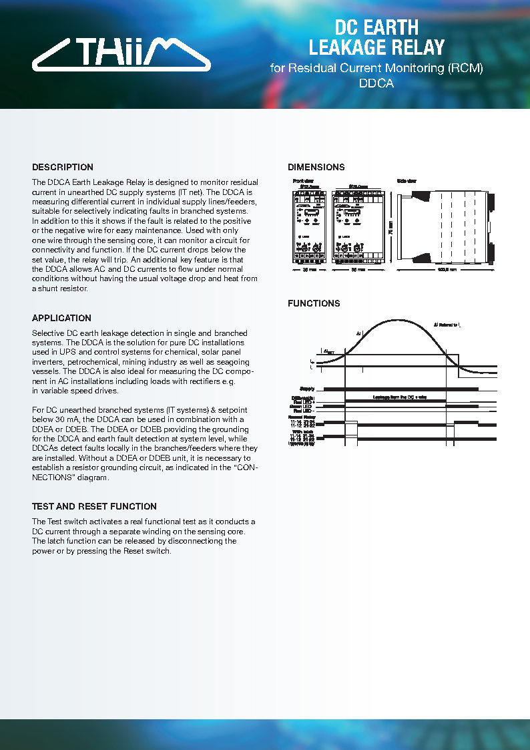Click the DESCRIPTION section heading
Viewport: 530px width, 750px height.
click(63, 167)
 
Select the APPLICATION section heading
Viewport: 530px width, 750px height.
click(61, 318)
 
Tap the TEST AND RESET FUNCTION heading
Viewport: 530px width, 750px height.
click(94, 506)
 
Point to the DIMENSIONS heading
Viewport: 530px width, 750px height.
click(316, 167)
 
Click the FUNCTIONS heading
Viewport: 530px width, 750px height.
click(314, 303)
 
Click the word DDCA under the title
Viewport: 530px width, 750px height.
click(376, 84)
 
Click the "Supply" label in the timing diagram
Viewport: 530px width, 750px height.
click(307, 388)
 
